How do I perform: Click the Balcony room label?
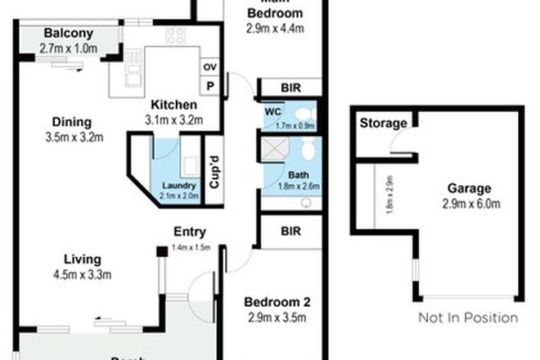(x=69, y=34)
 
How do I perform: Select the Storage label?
(x=383, y=124)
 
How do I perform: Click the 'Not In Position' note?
(x=467, y=317)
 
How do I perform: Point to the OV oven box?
(x=209, y=67)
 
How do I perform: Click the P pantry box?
(x=209, y=85)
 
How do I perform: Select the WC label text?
(x=272, y=111)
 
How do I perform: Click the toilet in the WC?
(x=304, y=113)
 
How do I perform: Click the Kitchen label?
(x=172, y=106)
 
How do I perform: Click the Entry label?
(x=189, y=232)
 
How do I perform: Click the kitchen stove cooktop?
(x=175, y=36)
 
